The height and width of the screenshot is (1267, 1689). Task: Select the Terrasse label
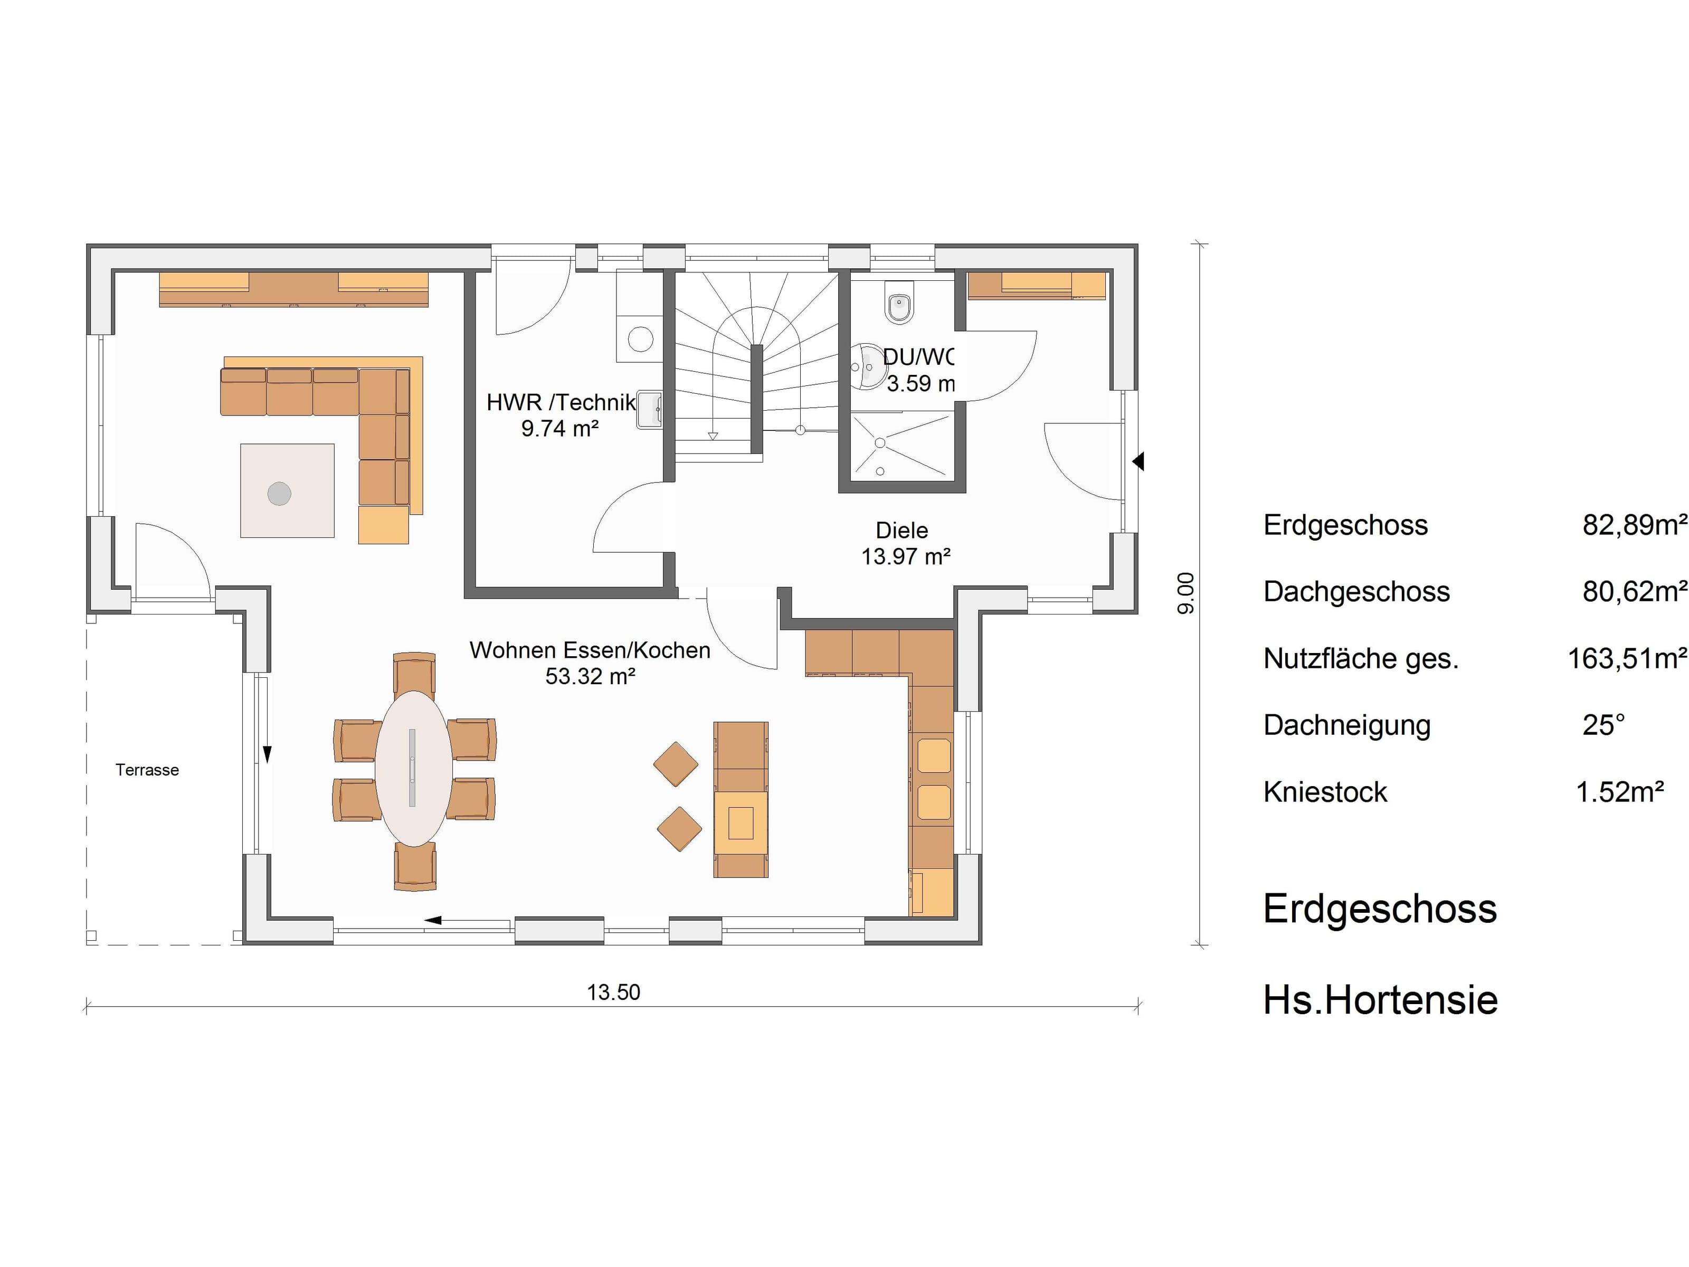tap(147, 770)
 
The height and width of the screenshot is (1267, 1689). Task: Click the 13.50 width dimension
tap(613, 992)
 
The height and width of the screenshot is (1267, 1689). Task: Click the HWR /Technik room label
tap(561, 402)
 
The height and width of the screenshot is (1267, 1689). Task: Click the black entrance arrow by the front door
tap(1138, 461)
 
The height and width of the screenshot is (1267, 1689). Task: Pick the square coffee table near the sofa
tap(287, 490)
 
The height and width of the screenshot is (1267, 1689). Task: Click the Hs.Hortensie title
tap(1380, 1000)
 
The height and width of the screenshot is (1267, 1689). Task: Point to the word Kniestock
tap(1325, 792)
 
